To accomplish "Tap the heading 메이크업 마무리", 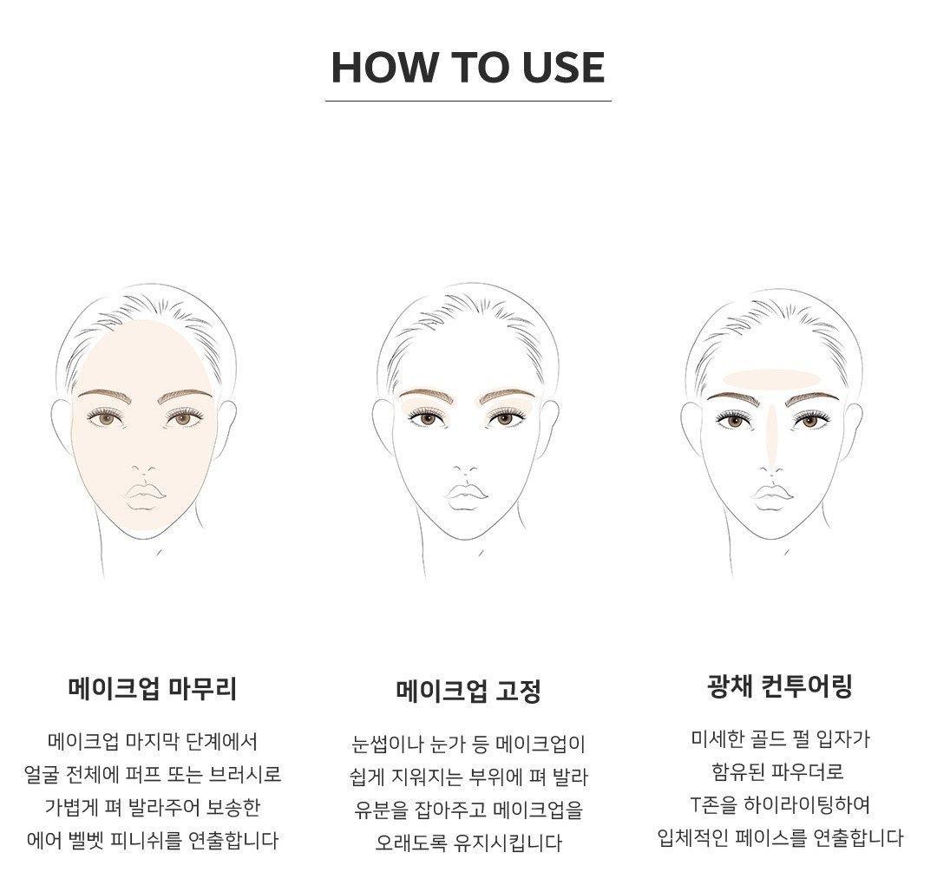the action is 153,688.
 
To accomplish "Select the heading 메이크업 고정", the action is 468,692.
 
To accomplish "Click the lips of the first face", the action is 144,495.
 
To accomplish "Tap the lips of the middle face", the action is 466,495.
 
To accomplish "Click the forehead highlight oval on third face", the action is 771,377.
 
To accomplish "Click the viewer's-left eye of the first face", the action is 108,419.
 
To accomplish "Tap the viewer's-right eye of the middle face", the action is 505,418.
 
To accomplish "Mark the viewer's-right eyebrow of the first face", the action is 186,396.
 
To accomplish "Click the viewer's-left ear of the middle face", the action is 383,427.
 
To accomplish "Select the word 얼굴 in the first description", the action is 42,775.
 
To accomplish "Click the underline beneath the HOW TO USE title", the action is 468,101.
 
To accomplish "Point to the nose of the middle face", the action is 466,470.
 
